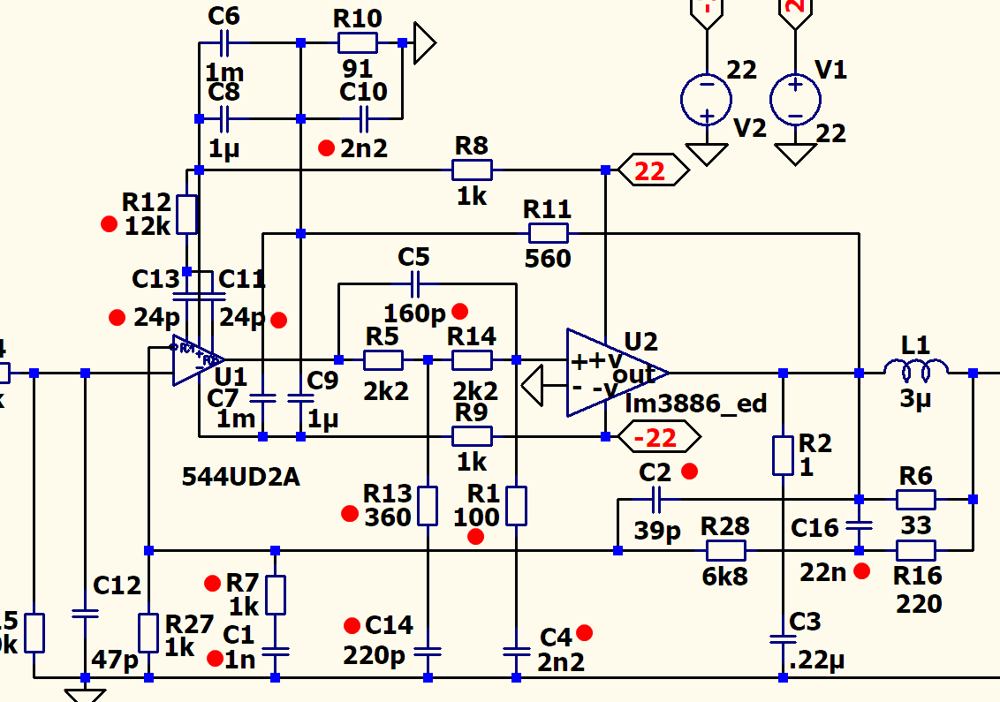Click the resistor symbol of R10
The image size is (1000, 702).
[357, 42]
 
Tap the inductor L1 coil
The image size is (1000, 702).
[916, 368]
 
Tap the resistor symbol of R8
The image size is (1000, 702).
[472, 170]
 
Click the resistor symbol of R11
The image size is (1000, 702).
[548, 233]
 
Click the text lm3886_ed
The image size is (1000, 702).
[695, 404]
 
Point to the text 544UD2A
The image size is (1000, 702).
[240, 477]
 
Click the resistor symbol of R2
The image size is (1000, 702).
[783, 454]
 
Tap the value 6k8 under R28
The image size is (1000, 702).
[724, 577]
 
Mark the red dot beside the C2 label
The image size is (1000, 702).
[690, 471]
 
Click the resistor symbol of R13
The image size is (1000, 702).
[428, 504]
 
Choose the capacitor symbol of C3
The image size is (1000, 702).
[783, 638]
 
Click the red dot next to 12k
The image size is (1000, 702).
[109, 224]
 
